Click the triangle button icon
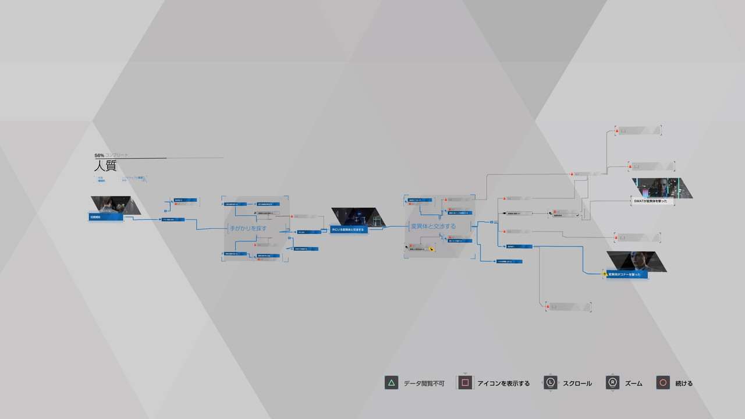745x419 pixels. pyautogui.click(x=391, y=383)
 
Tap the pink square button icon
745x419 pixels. pyautogui.click(x=464, y=383)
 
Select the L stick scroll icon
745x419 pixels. pyautogui.click(x=550, y=383)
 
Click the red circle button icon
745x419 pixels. pyautogui.click(x=662, y=383)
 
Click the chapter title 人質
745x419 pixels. pyautogui.click(x=105, y=166)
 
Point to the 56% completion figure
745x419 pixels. pyautogui.click(x=99, y=155)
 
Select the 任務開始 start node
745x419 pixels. pyautogui.click(x=106, y=217)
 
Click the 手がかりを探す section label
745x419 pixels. pyautogui.click(x=249, y=228)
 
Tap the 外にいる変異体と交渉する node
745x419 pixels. pyautogui.click(x=348, y=229)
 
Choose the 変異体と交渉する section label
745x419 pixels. pyautogui.click(x=433, y=226)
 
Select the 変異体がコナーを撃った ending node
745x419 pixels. pyautogui.click(x=626, y=274)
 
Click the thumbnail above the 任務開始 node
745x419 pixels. pyautogui.click(x=115, y=205)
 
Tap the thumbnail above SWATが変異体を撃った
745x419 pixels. pyautogui.click(x=662, y=188)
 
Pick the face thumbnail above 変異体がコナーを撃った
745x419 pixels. pyautogui.click(x=637, y=261)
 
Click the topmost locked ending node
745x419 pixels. pyautogui.click(x=638, y=130)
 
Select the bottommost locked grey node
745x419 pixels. pyautogui.click(x=568, y=307)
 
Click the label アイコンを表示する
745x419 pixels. pyautogui.click(x=503, y=384)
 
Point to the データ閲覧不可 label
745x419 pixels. pyautogui.click(x=424, y=384)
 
